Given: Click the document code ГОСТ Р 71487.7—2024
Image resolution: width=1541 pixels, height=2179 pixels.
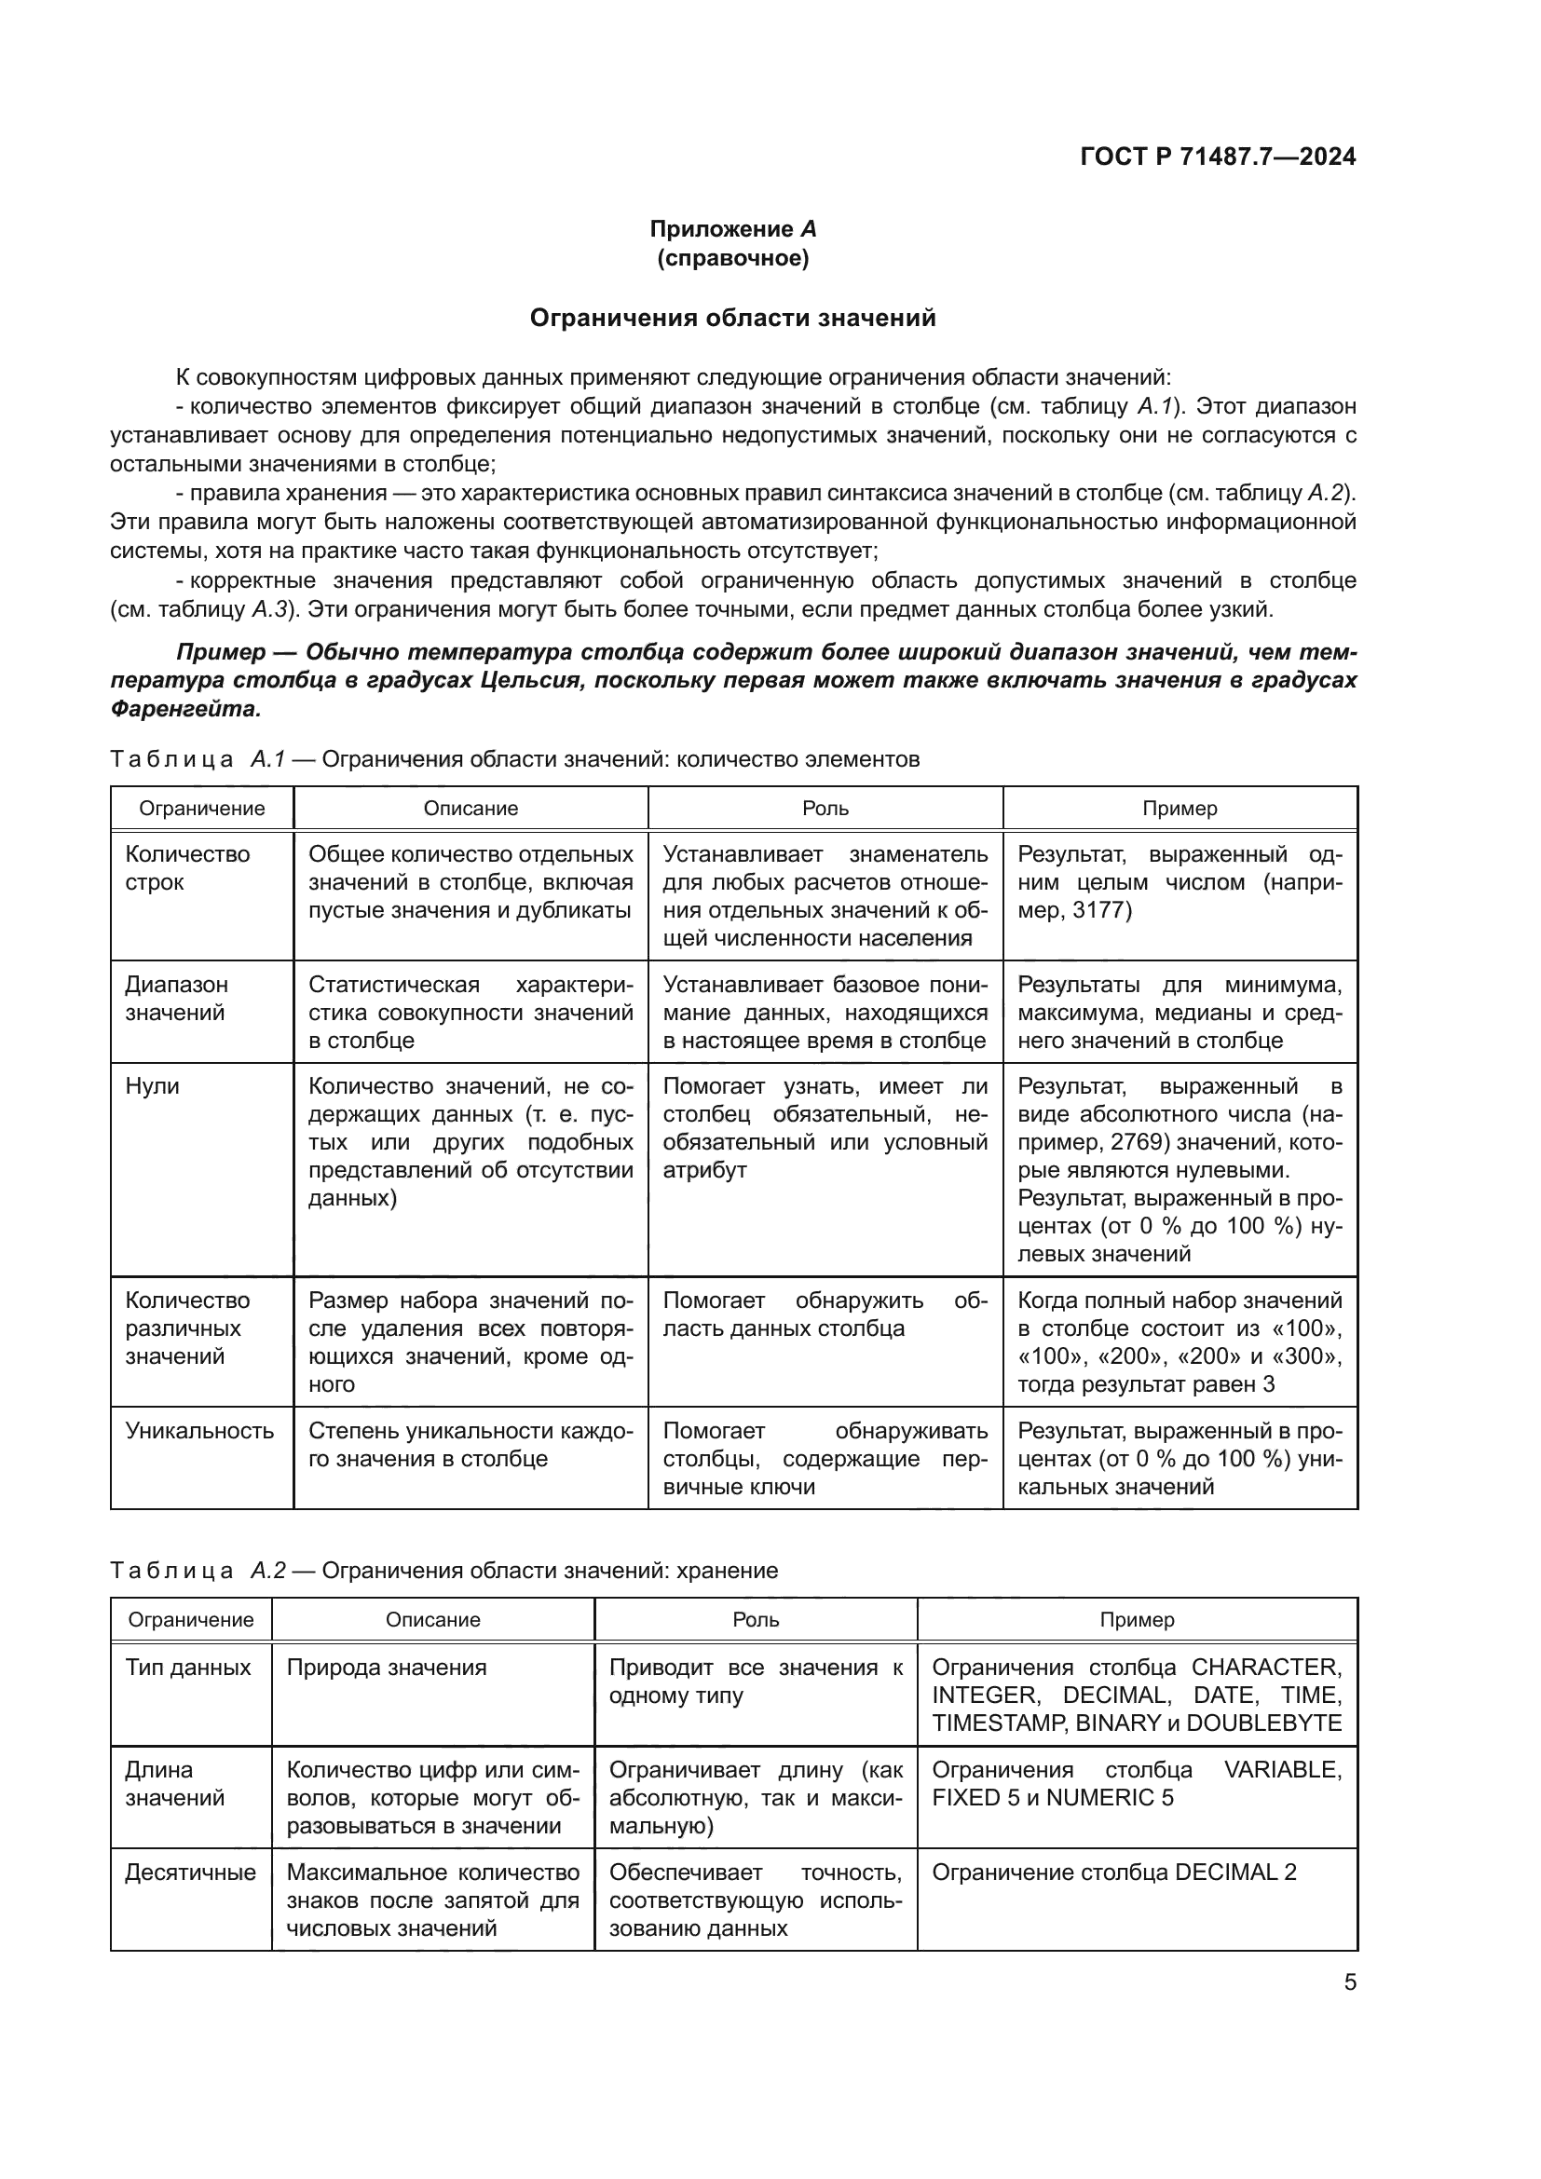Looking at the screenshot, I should click(1218, 157).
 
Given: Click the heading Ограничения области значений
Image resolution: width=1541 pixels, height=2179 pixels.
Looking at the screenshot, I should click(732, 318).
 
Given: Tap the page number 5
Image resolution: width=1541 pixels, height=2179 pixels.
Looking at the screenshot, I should click(1350, 1982).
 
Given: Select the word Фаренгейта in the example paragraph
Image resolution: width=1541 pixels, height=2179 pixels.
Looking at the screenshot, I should click(185, 709).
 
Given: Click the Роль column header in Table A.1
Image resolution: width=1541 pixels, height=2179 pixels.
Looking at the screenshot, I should click(825, 809).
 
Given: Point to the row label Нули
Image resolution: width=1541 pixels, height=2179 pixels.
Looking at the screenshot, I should click(152, 1086).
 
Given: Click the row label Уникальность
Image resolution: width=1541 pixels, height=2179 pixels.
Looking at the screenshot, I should click(199, 1431).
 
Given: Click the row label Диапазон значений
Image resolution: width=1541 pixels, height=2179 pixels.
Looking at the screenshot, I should click(176, 999).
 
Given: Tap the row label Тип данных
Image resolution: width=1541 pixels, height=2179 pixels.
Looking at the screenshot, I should click(188, 1668).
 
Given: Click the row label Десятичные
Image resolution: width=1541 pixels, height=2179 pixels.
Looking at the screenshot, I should click(190, 1873).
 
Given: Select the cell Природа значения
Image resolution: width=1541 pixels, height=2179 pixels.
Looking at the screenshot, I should click(387, 1668).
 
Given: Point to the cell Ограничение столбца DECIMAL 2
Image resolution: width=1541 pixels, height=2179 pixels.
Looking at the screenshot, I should click(1114, 1873).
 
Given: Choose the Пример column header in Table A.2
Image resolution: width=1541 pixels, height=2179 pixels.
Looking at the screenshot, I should click(1137, 1620).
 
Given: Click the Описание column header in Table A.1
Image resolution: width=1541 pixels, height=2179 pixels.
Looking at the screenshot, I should click(470, 809).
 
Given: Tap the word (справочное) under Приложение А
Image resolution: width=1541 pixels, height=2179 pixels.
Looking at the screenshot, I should click(732, 258).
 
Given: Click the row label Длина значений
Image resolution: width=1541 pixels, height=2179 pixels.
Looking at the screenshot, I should click(174, 1784).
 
